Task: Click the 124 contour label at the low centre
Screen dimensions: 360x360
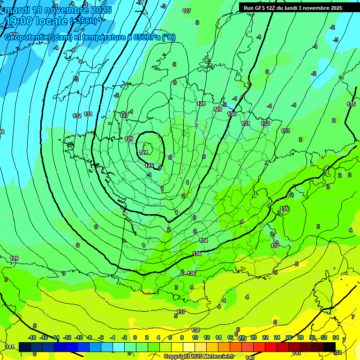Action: pos(144,152)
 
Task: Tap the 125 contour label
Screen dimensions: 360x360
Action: pos(149,165)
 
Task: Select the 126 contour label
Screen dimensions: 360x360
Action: pos(129,139)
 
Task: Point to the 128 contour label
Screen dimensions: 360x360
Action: pos(201,104)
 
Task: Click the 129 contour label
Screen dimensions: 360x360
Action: pos(217,109)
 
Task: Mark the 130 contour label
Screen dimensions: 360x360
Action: pos(232,114)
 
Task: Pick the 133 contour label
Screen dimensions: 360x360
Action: pos(285,131)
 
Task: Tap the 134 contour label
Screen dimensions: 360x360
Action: pos(203,240)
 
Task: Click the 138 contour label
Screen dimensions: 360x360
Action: pos(195,330)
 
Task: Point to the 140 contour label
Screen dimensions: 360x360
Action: pos(250,358)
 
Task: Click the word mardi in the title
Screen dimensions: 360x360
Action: pos(18,10)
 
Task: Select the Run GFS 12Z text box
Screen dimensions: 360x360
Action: pos(292,8)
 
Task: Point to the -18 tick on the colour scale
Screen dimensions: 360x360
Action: pos(32,337)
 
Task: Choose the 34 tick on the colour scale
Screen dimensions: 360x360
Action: pos(336,337)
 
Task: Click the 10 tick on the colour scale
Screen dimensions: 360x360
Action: pos(195,337)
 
